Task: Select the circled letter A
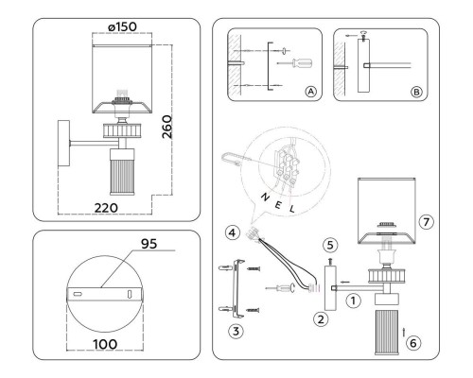311,93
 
